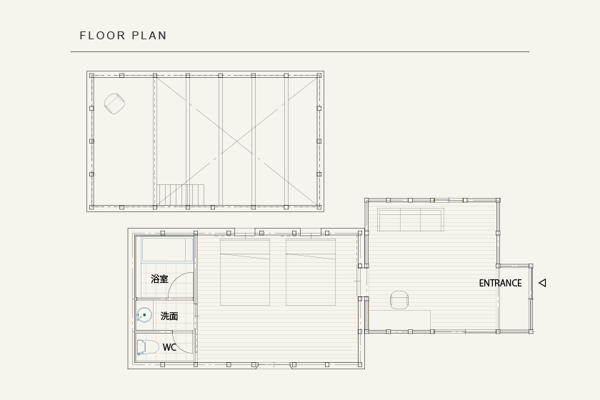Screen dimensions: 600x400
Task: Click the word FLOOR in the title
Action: [x=102, y=36]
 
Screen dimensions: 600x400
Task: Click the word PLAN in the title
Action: [x=149, y=36]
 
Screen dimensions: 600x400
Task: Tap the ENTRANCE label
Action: [x=500, y=284]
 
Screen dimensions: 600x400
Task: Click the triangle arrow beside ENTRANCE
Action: [x=542, y=283]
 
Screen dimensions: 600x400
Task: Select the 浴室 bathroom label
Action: [x=159, y=279]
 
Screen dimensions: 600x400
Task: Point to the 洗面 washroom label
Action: [x=169, y=316]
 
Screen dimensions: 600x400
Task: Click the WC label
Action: [x=169, y=347]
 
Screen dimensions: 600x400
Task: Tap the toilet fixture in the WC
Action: [x=148, y=348]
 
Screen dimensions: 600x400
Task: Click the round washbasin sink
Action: [x=144, y=315]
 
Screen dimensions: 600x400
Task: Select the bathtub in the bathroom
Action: [x=167, y=249]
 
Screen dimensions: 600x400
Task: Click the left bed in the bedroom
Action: [x=245, y=272]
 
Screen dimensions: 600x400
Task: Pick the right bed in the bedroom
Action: [x=311, y=272]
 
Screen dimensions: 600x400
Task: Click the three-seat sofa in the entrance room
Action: [x=411, y=220]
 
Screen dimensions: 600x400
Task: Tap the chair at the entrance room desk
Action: [x=399, y=300]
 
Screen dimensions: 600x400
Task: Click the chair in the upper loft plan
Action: [x=115, y=104]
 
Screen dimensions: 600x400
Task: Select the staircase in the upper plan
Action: [x=180, y=195]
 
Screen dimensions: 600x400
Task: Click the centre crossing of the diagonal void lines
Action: [x=237, y=141]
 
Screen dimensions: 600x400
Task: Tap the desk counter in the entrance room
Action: [x=399, y=321]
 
